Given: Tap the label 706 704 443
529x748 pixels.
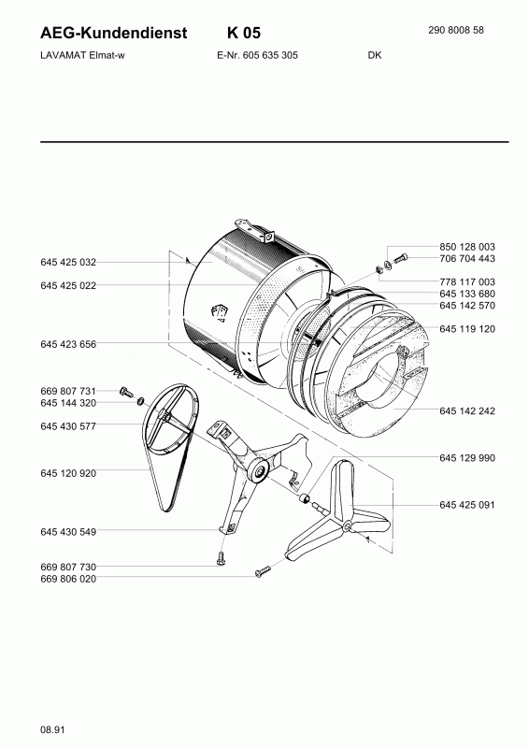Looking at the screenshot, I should [x=466, y=258].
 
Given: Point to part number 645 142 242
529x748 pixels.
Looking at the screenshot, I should [x=466, y=410].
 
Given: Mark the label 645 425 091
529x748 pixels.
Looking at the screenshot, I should [x=466, y=505].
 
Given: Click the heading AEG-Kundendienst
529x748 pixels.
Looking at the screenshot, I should [x=114, y=34].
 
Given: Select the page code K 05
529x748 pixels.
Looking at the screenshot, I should [x=244, y=34].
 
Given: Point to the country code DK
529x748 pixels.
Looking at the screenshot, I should [x=374, y=55].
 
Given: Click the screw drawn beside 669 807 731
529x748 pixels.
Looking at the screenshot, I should [x=127, y=391].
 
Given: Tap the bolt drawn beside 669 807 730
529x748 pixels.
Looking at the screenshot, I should [x=220, y=559].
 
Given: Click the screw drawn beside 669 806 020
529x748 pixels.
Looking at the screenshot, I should [x=262, y=570].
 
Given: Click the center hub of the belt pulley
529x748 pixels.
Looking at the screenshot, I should [x=169, y=431].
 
